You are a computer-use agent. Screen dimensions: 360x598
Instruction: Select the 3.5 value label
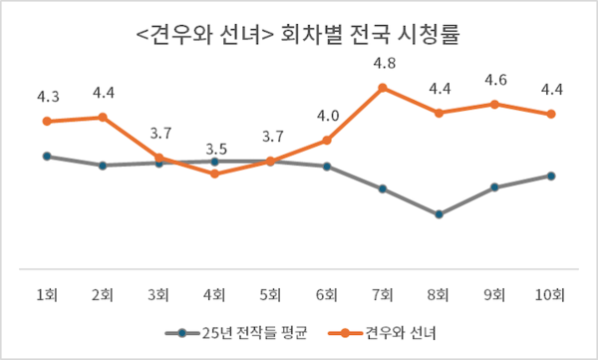[x=214, y=150]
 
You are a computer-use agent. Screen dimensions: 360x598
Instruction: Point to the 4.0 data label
[x=327, y=117]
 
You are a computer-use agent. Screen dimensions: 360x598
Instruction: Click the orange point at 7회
[x=383, y=88]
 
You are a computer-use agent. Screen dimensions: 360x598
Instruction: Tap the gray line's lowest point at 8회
[x=439, y=213]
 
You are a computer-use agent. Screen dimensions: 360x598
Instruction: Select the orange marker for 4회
[x=214, y=174]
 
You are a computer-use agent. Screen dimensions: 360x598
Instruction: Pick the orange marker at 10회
[x=550, y=114]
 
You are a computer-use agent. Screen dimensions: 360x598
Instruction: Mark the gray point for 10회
[x=550, y=176]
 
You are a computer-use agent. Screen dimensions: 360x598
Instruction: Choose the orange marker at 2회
[x=102, y=118]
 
